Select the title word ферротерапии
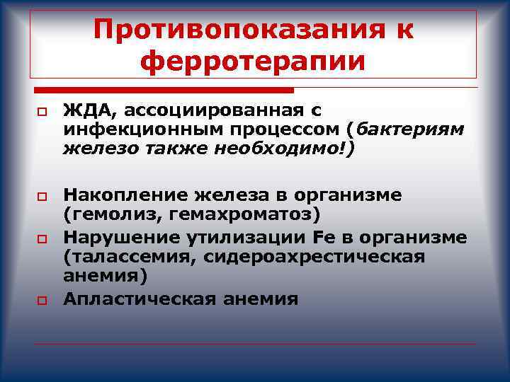click(x=253, y=62)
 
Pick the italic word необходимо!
click(x=293, y=149)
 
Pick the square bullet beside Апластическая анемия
click(x=42, y=301)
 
